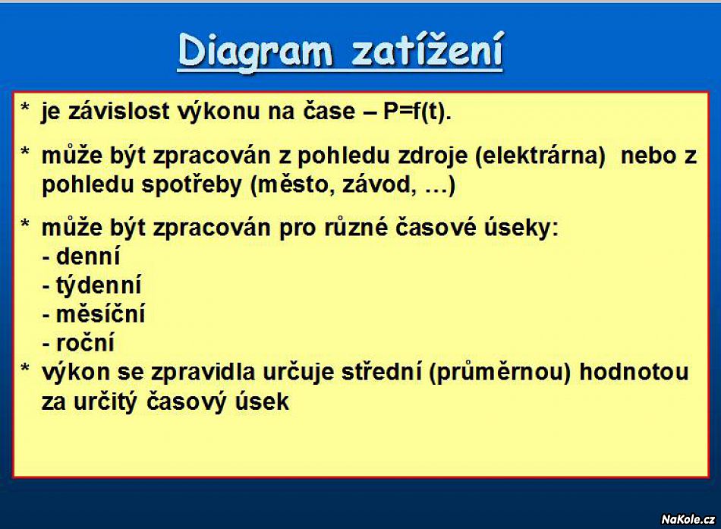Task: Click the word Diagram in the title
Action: point(255,52)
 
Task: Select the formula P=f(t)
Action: point(417,112)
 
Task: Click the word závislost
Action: point(118,112)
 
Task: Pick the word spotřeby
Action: point(191,185)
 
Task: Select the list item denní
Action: point(88,257)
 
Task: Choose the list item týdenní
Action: point(99,286)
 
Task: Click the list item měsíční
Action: point(100,314)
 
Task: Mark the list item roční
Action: point(85,343)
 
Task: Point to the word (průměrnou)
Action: point(499,373)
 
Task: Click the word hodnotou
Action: point(634,372)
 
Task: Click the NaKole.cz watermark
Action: point(688,519)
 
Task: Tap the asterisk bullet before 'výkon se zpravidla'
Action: point(25,368)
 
